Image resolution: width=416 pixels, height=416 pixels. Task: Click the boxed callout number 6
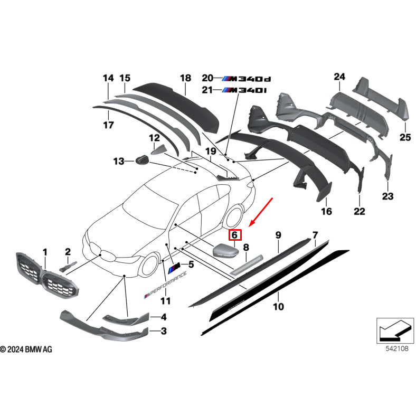pos(234,236)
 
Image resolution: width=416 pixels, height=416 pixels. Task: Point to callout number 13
pos(118,160)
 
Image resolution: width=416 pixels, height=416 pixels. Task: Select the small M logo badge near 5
pos(175,269)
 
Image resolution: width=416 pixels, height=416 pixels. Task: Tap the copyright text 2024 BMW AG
pos(26,349)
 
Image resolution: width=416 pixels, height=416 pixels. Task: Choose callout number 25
pos(404,138)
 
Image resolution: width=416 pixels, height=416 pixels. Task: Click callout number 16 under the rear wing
pos(326,211)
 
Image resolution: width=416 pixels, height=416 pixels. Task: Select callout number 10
pos(278,306)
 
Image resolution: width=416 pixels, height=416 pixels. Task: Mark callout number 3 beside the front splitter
pos(164,331)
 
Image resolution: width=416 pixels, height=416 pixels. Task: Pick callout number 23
pos(388,196)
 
